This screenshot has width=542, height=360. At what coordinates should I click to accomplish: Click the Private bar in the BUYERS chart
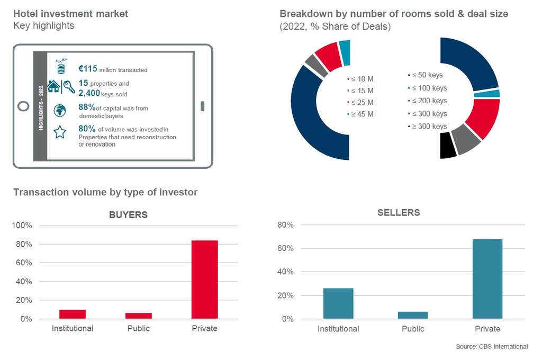pyautogui.click(x=204, y=280)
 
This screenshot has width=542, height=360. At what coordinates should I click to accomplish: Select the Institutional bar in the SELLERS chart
pyautogui.click(x=338, y=303)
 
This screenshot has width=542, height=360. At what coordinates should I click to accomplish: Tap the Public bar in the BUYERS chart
pyautogui.click(x=138, y=316)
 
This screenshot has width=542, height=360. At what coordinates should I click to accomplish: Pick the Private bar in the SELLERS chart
pyautogui.click(x=487, y=279)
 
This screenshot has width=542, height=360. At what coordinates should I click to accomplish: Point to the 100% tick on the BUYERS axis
pyautogui.click(x=22, y=226)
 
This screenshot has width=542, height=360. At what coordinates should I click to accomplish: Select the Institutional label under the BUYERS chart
pyautogui.click(x=73, y=328)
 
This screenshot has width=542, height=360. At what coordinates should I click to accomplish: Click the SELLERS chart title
pyautogui.click(x=399, y=213)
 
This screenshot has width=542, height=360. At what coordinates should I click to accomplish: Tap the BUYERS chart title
pyautogui.click(x=128, y=215)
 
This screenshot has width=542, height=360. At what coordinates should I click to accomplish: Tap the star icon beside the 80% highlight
pyautogui.click(x=60, y=132)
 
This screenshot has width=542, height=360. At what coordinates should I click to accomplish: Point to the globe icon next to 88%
pyautogui.click(x=60, y=110)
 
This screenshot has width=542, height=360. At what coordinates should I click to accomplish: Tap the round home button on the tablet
pyautogui.click(x=23, y=106)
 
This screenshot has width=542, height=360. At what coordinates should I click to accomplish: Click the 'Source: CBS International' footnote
pyautogui.click(x=492, y=347)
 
